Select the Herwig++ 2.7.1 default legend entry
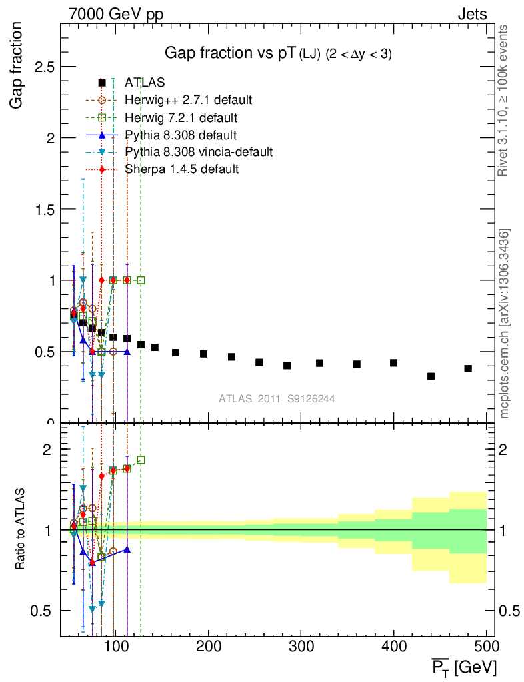click(189, 100)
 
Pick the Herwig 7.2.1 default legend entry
click(181, 118)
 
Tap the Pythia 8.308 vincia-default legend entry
click(199, 152)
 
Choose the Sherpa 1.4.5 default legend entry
click(182, 169)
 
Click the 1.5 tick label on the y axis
click(45, 209)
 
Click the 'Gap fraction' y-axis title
click(17, 65)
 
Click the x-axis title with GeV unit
click(464, 667)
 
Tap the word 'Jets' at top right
click(472, 13)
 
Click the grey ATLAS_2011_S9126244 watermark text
click(277, 399)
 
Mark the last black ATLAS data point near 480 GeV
click(468, 368)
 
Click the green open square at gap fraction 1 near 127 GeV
click(141, 280)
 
